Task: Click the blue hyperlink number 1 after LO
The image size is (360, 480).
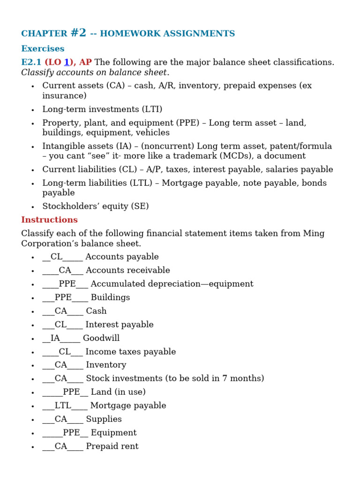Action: (x=67, y=62)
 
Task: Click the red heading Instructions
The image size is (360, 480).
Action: (x=49, y=220)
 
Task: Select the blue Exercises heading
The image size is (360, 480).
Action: (x=43, y=49)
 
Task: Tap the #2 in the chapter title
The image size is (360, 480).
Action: (x=78, y=33)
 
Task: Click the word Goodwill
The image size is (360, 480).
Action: (x=101, y=338)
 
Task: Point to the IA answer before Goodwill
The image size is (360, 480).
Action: (x=55, y=338)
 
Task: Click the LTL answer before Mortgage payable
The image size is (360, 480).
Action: (x=63, y=405)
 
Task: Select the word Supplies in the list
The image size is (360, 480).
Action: (x=104, y=419)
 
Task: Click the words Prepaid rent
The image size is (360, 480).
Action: (x=112, y=446)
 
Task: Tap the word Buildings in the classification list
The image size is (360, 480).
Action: (x=110, y=297)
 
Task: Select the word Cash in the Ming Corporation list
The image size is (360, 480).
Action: (x=96, y=311)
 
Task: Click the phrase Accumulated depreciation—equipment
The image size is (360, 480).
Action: (x=172, y=284)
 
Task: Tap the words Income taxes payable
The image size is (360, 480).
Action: (x=130, y=352)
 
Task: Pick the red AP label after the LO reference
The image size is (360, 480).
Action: (x=85, y=62)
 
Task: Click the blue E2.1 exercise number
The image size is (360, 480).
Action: (x=31, y=62)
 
